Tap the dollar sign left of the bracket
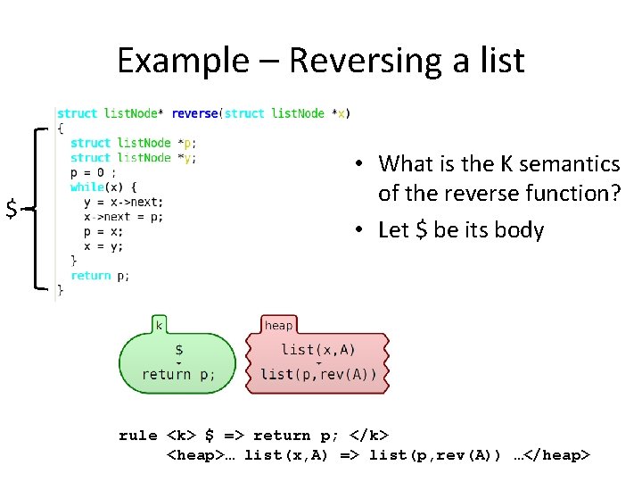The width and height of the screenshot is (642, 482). [12, 209]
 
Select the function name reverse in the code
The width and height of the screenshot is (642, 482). [194, 113]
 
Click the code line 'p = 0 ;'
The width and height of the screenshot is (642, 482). [93, 172]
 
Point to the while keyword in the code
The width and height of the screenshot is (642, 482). [86, 187]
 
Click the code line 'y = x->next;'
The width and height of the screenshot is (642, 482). [124, 202]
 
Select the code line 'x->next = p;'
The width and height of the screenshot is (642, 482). [124, 216]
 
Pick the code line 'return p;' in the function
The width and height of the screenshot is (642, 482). [100, 275]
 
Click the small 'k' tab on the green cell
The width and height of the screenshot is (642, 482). [160, 326]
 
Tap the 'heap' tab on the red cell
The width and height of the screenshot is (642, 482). [278, 326]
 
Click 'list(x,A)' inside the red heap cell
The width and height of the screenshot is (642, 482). [317, 350]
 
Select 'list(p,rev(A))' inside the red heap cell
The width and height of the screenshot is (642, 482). [318, 374]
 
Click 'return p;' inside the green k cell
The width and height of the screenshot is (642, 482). [178, 375]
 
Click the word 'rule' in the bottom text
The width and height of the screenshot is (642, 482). [137, 436]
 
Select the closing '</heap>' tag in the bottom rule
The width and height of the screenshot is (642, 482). [557, 456]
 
